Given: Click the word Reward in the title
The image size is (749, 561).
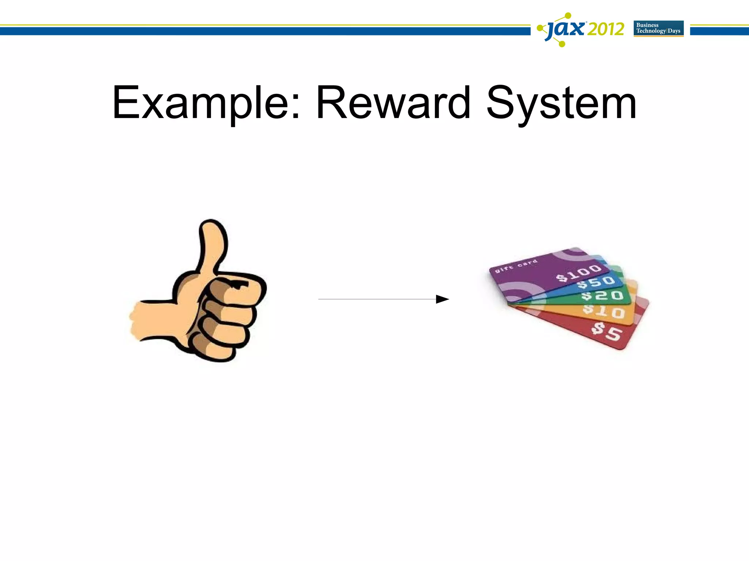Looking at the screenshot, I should [393, 103].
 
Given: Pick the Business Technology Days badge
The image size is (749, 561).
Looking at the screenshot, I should [658, 28].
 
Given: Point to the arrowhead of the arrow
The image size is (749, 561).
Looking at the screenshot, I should [443, 299].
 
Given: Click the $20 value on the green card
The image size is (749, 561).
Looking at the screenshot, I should [602, 295].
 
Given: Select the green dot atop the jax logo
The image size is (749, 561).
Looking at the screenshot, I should [568, 15].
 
